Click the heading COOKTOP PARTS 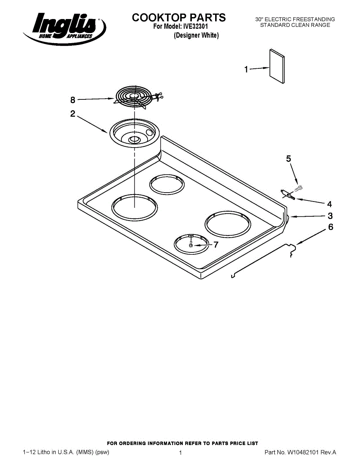(179, 18)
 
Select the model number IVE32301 (196, 27)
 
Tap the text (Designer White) (196, 36)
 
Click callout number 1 (246, 70)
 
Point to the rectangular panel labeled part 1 (277, 66)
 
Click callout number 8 (73, 100)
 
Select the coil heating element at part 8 (134, 97)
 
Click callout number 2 (73, 114)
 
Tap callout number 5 (289, 158)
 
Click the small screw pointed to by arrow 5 (299, 189)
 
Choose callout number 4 (329, 204)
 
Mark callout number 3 (330, 216)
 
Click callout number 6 (330, 227)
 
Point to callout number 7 (216, 245)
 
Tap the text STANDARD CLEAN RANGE (295, 25)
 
